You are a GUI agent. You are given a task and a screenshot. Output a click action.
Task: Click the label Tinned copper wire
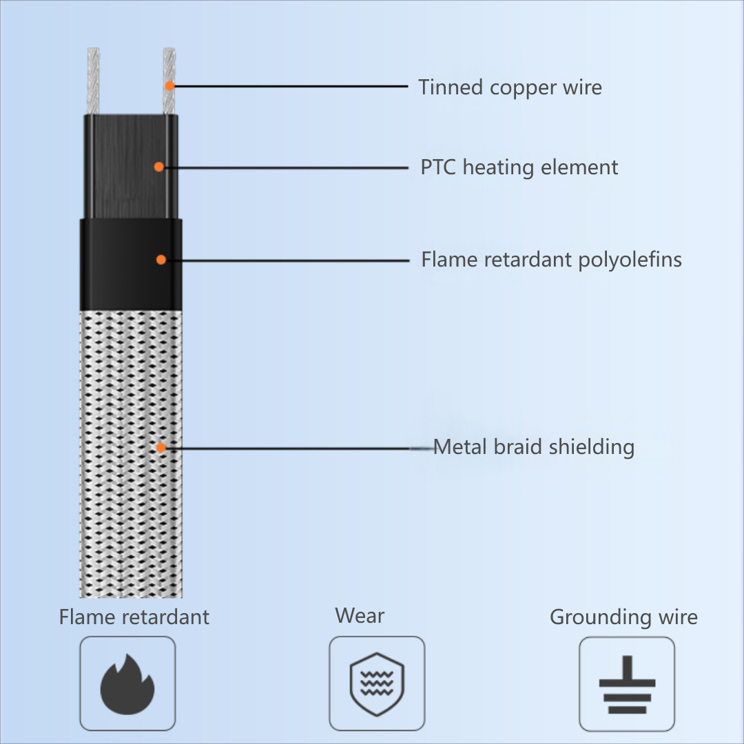[x=510, y=87]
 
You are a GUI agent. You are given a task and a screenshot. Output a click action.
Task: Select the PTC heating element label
[x=519, y=167]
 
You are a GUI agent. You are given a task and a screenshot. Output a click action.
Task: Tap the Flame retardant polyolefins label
[x=551, y=260]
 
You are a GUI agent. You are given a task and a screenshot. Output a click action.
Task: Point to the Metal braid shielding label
[x=534, y=446]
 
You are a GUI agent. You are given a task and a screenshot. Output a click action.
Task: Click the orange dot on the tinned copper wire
[x=169, y=86]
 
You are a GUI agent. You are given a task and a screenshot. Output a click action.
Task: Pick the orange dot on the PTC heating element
[x=159, y=167]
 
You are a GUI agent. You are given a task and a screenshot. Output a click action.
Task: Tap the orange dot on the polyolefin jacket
[x=161, y=260]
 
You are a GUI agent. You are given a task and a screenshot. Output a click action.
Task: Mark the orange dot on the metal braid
[x=161, y=447]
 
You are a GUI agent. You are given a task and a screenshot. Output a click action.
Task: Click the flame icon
[x=127, y=683]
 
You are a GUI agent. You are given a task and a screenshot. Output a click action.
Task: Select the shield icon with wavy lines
[x=377, y=683]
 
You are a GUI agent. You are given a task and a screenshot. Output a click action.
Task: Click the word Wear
[x=360, y=615]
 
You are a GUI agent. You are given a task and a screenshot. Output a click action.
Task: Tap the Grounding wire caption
[x=623, y=617]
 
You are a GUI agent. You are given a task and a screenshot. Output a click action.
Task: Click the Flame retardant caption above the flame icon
[x=134, y=617]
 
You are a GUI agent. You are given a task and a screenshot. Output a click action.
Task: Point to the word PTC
[x=439, y=167]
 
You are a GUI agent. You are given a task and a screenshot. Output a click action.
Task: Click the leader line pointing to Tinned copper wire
[x=289, y=87]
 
